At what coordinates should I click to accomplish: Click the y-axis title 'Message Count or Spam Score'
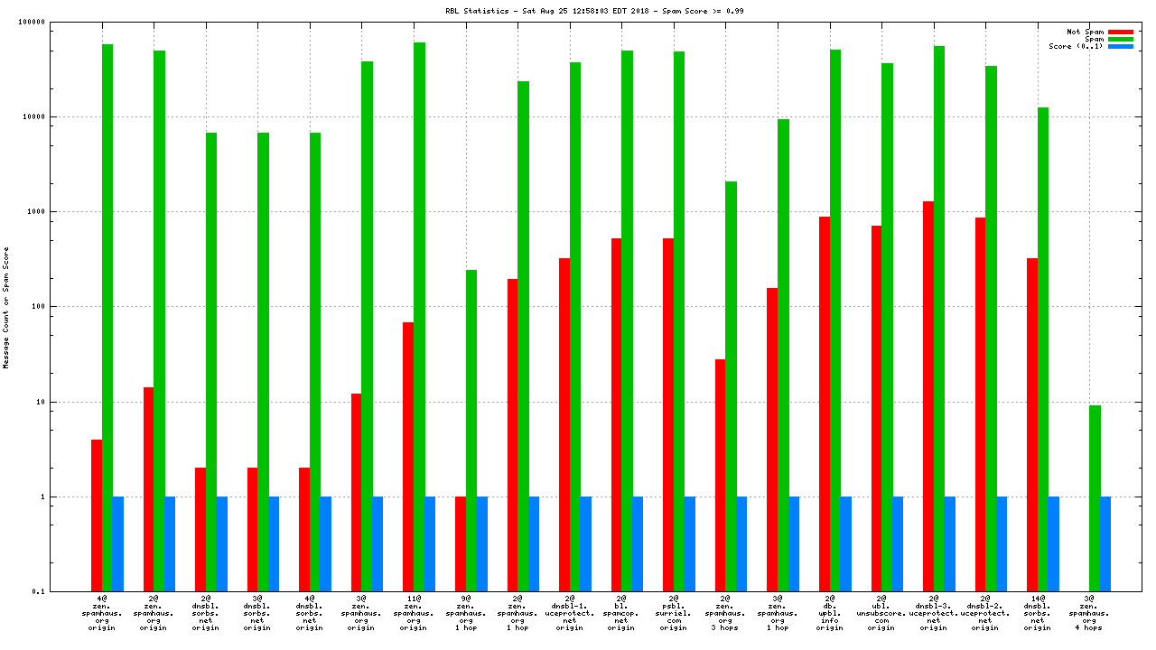tap(6, 307)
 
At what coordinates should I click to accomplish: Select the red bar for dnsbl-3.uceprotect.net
tap(928, 396)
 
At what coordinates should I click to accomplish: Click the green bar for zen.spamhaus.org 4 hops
tap(1095, 498)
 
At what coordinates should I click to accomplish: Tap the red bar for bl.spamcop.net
tap(616, 414)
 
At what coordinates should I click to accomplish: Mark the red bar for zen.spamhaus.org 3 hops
tap(720, 475)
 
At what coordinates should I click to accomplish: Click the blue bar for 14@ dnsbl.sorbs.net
tap(1053, 543)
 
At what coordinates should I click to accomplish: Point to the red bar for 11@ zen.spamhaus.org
tap(408, 457)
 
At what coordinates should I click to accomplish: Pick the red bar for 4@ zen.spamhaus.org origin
tap(97, 515)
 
